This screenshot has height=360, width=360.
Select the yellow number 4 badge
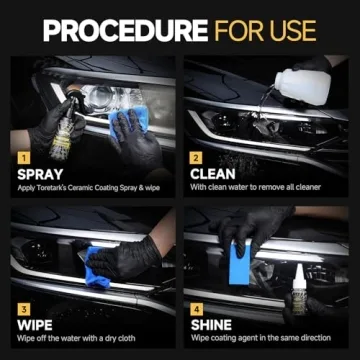point(197,310)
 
